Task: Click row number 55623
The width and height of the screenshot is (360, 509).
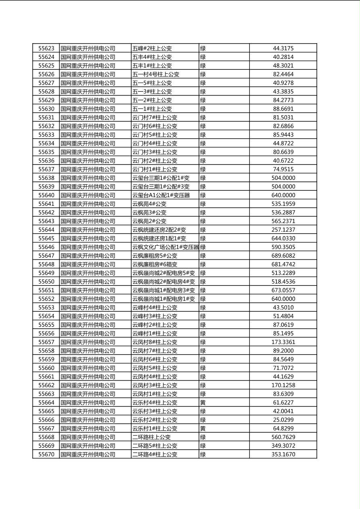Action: click(46, 48)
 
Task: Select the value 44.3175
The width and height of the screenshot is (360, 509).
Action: click(283, 48)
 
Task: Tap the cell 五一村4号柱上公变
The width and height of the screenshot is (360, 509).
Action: click(156, 74)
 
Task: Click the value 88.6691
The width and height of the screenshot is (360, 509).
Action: click(283, 109)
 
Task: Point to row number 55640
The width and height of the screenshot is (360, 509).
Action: click(46, 195)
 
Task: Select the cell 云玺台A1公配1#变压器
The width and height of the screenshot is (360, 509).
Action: click(161, 195)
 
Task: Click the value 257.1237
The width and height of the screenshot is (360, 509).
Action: click(283, 230)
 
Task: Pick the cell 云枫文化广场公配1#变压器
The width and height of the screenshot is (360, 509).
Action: click(165, 247)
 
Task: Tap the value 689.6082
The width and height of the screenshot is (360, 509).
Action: click(283, 256)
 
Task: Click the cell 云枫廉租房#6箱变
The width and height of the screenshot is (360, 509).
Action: click(155, 265)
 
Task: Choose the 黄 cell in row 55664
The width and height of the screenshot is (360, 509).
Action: click(203, 403)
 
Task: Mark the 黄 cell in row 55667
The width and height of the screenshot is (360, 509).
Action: click(203, 428)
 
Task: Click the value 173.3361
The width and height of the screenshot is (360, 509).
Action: click(283, 342)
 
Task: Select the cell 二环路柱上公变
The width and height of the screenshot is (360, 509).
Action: click(151, 437)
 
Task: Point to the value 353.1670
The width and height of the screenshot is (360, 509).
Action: click(283, 455)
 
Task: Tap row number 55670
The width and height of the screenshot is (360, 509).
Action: click(46, 455)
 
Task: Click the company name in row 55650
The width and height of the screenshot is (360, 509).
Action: click(88, 282)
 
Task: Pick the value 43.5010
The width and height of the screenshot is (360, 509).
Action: click(283, 307)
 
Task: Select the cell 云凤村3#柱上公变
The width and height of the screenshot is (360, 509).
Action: click(155, 385)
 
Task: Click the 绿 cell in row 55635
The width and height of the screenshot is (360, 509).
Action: click(203, 152)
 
